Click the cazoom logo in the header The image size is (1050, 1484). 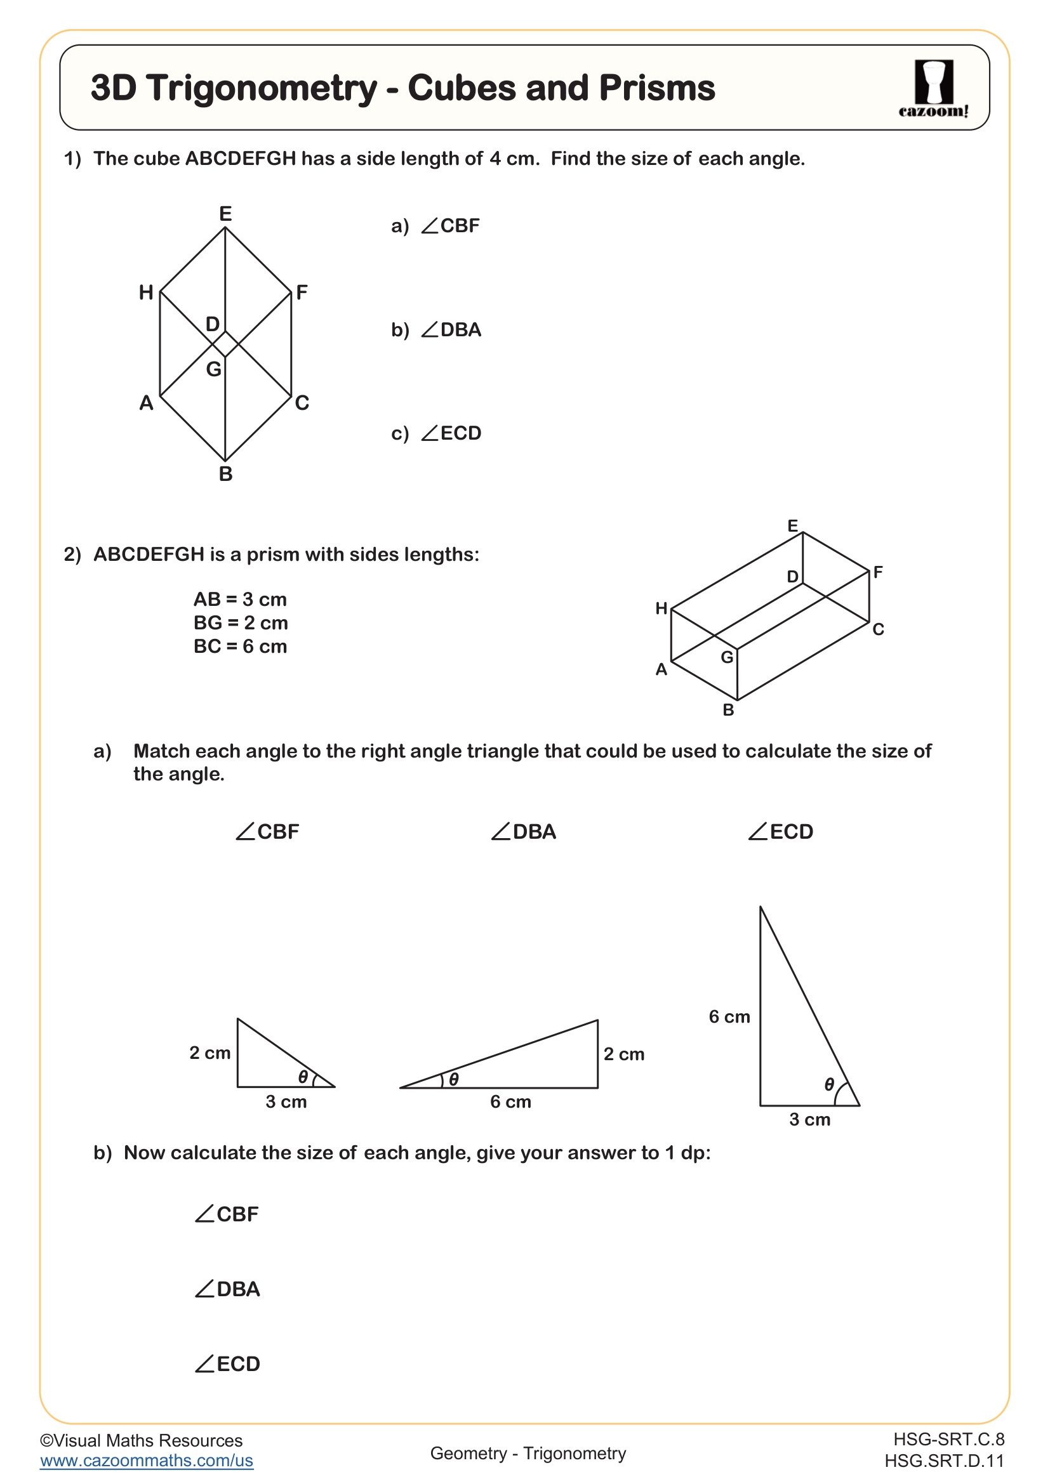[x=933, y=89]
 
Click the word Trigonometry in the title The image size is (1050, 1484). [x=262, y=88]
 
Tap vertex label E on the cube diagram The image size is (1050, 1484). [x=225, y=213]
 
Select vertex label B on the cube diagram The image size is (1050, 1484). [x=225, y=474]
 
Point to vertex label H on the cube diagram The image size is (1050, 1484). [x=146, y=292]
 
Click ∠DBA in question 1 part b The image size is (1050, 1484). [x=451, y=330]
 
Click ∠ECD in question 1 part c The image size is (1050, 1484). [x=451, y=433]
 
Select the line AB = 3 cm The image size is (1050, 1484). [x=240, y=599]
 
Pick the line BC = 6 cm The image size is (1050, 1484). [x=240, y=646]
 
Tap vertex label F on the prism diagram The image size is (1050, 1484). [x=877, y=572]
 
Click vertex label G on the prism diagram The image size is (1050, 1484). [x=727, y=657]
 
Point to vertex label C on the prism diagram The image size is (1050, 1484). [x=877, y=629]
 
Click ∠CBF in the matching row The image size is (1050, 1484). [x=267, y=831]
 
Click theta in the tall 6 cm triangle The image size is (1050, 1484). [x=830, y=1084]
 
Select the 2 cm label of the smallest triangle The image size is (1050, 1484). [x=209, y=1053]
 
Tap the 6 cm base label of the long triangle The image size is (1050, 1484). [x=510, y=1101]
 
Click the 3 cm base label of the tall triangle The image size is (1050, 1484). [x=809, y=1119]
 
